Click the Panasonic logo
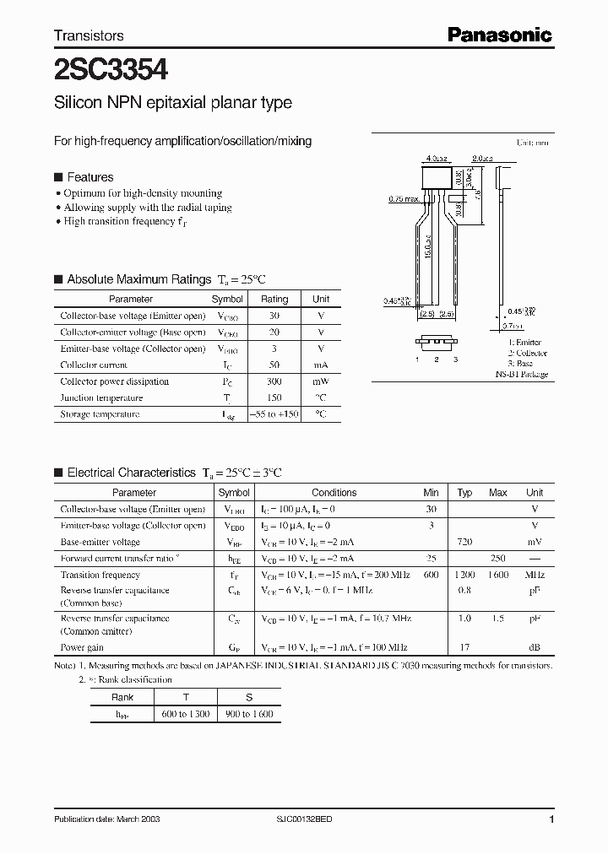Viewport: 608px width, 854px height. pyautogui.click(x=499, y=35)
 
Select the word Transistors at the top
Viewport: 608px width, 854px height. pyautogui.click(x=89, y=35)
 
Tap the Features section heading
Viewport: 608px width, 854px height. pyautogui.click(x=90, y=177)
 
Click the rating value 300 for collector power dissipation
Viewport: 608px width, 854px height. pyautogui.click(x=274, y=381)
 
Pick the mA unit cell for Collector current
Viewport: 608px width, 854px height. pyautogui.click(x=321, y=365)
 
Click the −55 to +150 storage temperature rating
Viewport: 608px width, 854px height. pyautogui.click(x=274, y=414)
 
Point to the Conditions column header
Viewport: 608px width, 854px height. pyautogui.click(x=334, y=493)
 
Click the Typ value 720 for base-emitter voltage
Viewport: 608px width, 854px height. pyautogui.click(x=464, y=542)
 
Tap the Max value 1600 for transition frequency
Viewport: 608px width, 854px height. pyautogui.click(x=498, y=575)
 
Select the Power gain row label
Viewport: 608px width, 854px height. pyautogui.click(x=82, y=648)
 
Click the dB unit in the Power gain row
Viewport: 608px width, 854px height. pyautogui.click(x=535, y=648)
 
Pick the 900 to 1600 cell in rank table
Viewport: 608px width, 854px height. pyautogui.click(x=249, y=714)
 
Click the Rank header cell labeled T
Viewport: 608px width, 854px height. pyautogui.click(x=186, y=697)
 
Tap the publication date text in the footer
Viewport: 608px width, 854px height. pyautogui.click(x=107, y=819)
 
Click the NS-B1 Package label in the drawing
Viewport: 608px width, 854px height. pyautogui.click(x=521, y=374)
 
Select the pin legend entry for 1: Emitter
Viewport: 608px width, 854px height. pyautogui.click(x=524, y=343)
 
